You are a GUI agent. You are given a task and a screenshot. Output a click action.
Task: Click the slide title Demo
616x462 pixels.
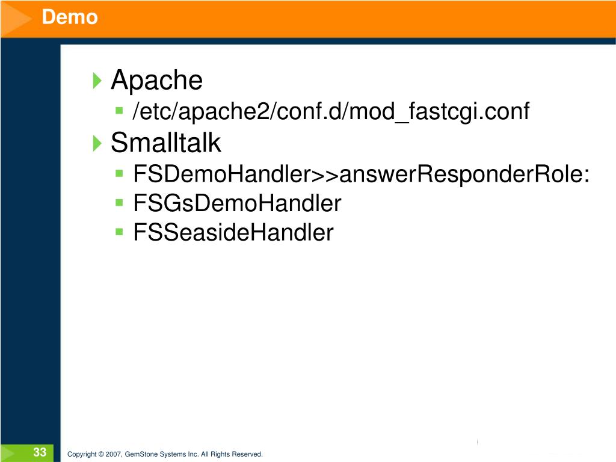point(70,17)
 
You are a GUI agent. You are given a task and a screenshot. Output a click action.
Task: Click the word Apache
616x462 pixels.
point(157,80)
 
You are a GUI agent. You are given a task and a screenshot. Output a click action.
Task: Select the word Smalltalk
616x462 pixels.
point(166,143)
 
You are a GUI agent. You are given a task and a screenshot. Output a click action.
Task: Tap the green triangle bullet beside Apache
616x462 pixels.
point(98,81)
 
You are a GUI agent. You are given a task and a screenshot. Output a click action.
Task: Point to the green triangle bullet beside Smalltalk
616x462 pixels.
point(98,144)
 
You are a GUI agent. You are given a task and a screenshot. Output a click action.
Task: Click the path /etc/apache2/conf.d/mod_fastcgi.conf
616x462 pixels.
point(331,111)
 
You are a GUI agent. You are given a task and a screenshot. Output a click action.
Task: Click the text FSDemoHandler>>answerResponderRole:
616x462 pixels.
point(361,174)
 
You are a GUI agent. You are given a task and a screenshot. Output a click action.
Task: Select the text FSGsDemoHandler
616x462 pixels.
point(237,203)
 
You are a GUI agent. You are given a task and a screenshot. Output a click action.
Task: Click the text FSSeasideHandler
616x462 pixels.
point(233,232)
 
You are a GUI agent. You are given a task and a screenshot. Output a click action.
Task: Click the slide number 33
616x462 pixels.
point(40,452)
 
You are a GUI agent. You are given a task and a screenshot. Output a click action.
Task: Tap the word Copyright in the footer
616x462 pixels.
point(82,454)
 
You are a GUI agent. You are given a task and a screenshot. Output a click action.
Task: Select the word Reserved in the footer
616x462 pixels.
point(249,454)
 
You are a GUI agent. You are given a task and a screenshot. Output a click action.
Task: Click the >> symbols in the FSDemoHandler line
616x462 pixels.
point(325,175)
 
